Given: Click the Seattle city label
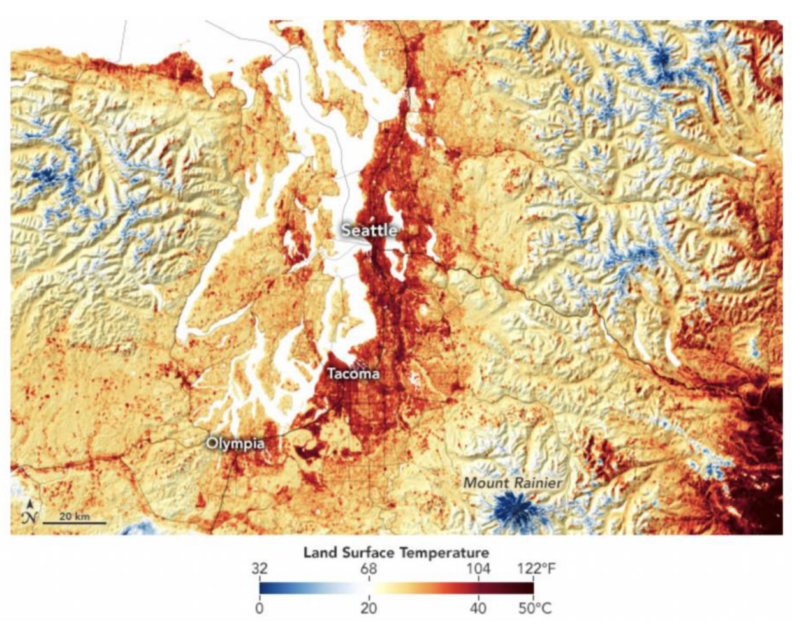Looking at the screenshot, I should [369, 230].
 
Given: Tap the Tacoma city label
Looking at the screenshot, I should [353, 374].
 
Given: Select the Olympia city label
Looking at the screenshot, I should [235, 443].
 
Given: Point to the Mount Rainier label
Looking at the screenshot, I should [513, 483].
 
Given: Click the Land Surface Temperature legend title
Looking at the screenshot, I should [396, 552].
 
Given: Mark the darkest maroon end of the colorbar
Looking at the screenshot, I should [529, 588].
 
